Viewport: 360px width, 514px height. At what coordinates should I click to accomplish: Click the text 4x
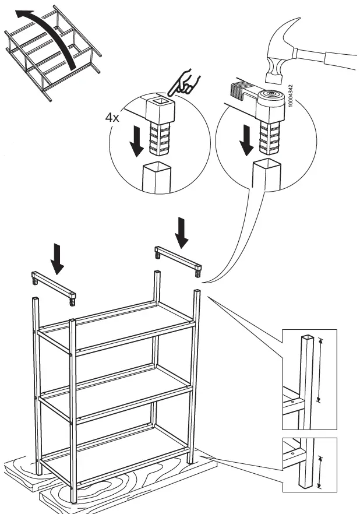click(x=112, y=118)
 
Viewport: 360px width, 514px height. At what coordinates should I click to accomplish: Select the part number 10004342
click(x=290, y=96)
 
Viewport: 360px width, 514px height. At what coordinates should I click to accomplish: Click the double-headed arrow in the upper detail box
click(x=319, y=371)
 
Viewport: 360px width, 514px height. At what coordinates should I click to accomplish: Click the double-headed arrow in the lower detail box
click(x=319, y=471)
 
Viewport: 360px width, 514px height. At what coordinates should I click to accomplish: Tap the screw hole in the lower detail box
click(x=291, y=449)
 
